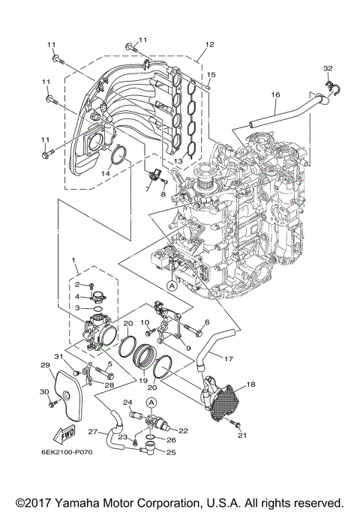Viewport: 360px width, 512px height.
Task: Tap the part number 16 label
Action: point(275,94)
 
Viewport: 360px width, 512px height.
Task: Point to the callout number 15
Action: point(211,75)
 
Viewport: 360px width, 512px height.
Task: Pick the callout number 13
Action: point(178,160)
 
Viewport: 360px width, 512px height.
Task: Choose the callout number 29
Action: point(44,365)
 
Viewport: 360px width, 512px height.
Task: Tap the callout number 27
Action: point(93,432)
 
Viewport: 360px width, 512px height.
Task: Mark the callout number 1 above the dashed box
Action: point(74,259)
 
